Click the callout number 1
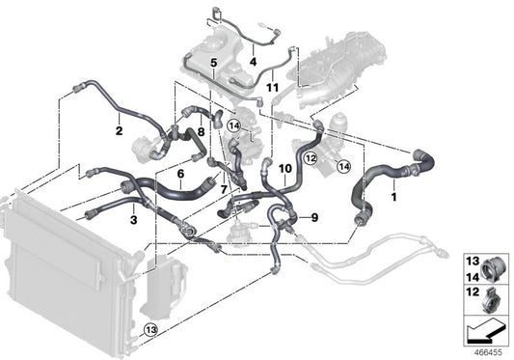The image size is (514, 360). tap(393, 198)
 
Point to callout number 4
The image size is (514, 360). tap(253, 63)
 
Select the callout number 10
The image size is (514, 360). tap(285, 169)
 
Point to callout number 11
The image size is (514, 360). tap(273, 89)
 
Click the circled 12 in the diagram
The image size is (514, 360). tap(311, 156)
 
